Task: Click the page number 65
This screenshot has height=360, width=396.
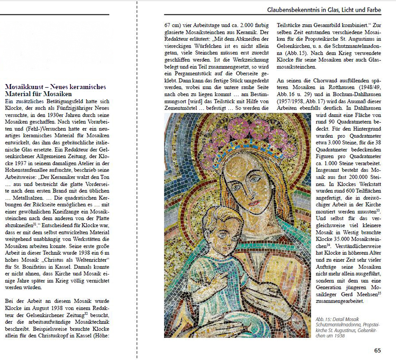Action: pyautogui.click(x=377, y=350)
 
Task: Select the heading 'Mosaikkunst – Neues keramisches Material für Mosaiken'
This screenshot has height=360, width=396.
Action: pyautogui.click(x=55, y=91)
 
